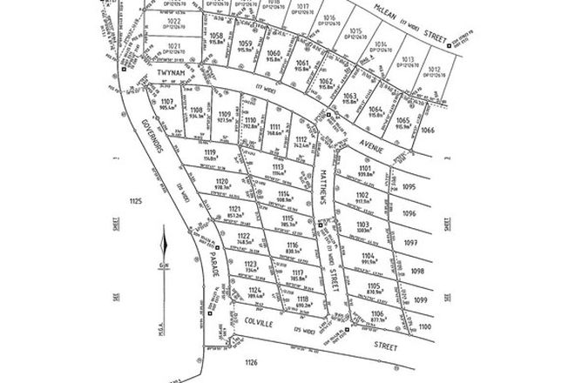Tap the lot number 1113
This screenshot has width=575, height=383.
coord(278,167)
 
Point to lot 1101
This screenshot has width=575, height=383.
coord(364,169)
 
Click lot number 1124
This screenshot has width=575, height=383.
coord(254,291)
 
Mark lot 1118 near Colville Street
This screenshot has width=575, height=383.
coord(302,299)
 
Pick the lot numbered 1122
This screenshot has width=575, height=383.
coord(244,237)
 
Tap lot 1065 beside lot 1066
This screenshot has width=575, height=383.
coord(402,120)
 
